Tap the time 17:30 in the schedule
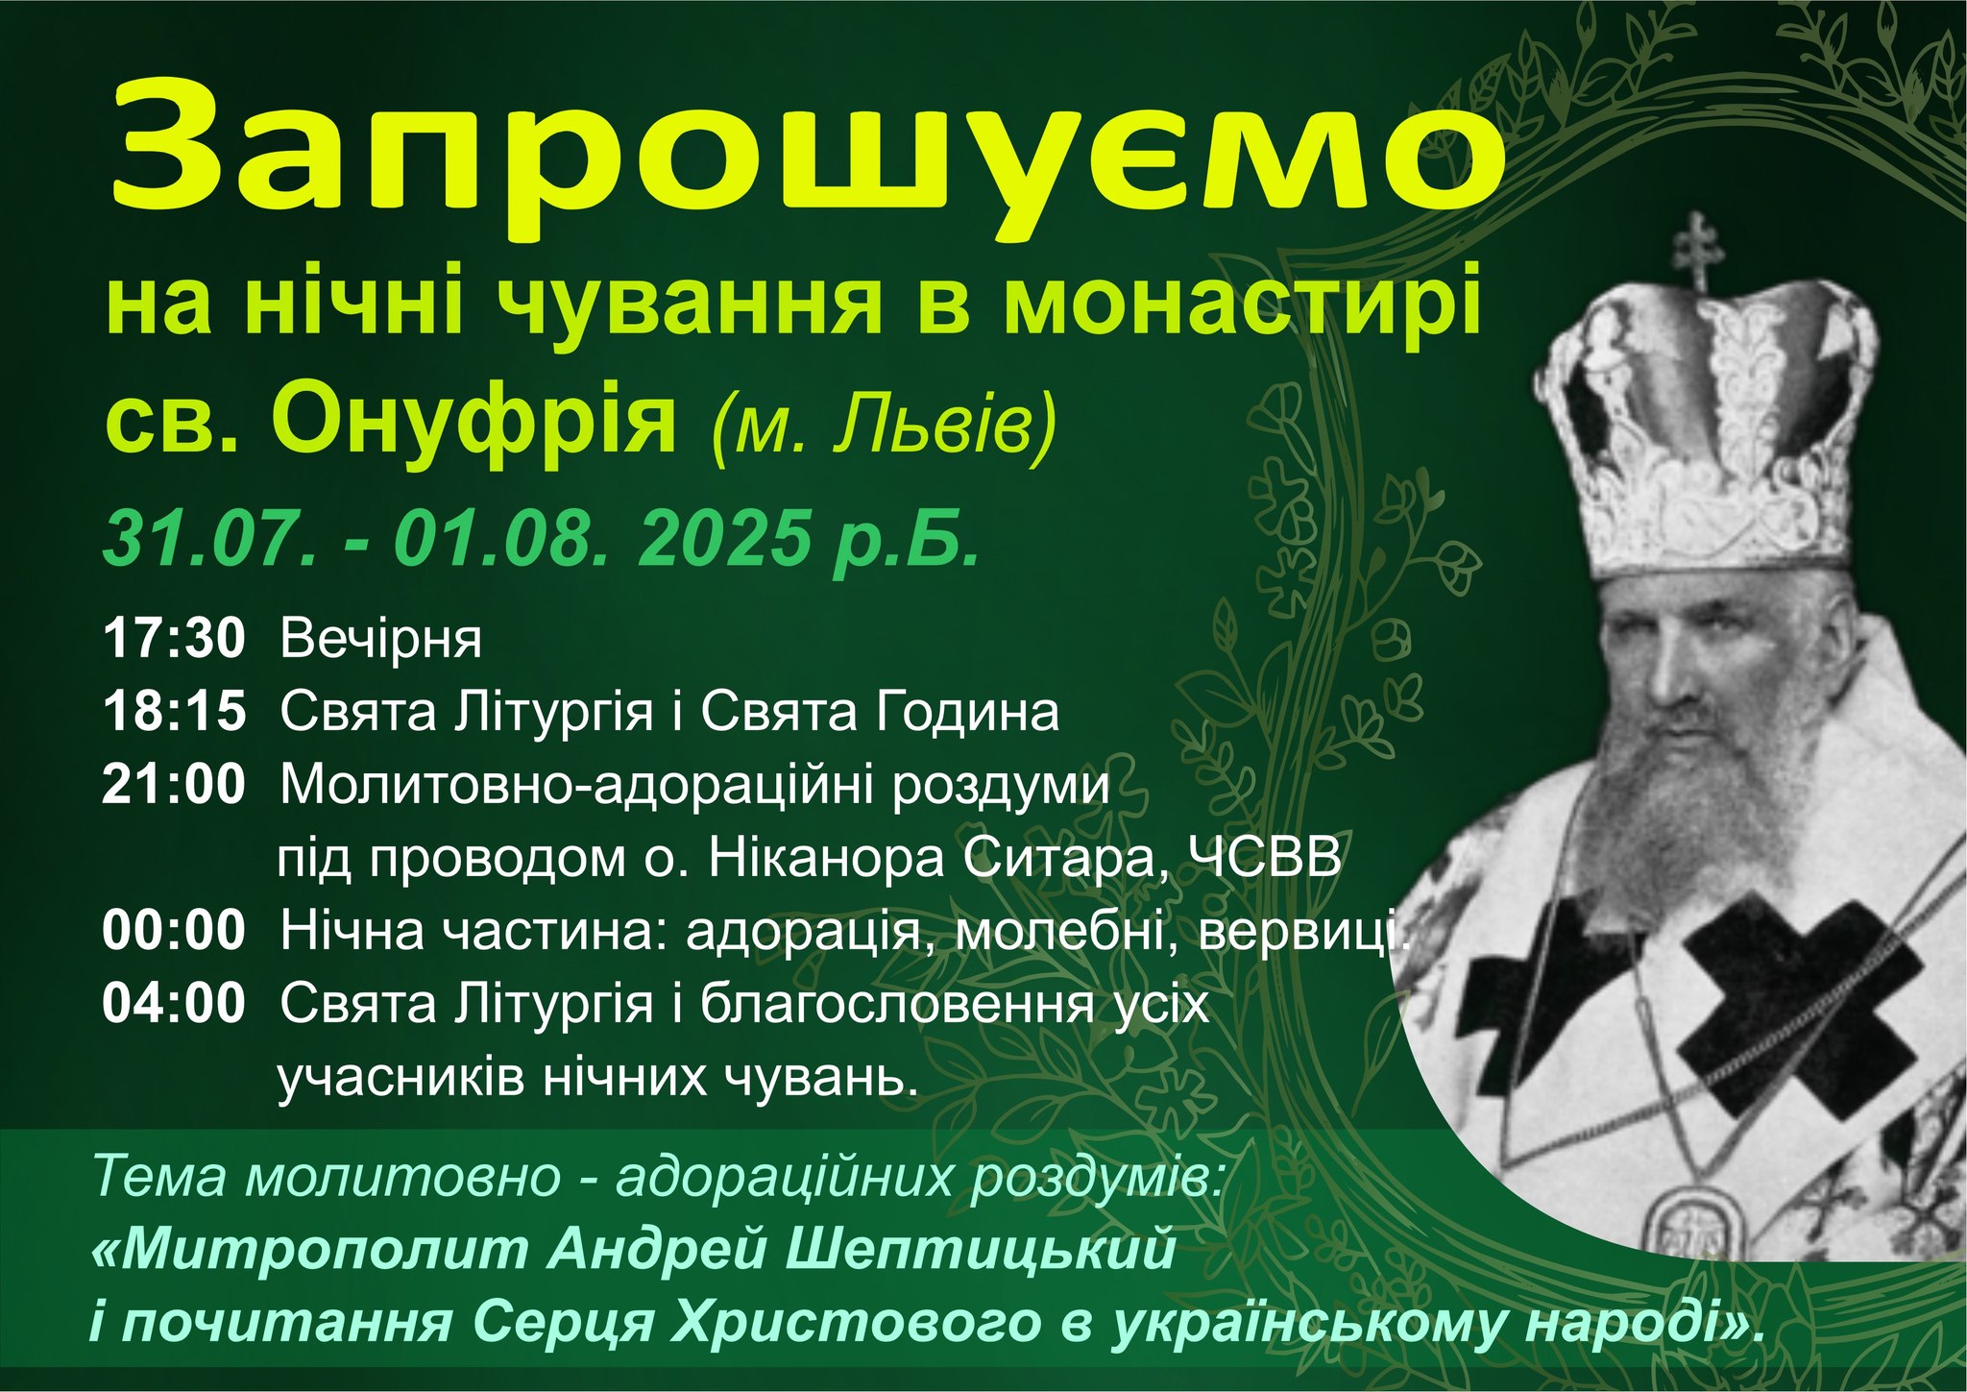click(174, 639)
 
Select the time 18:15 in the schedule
click(174, 712)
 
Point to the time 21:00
click(174, 785)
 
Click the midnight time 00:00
click(174, 931)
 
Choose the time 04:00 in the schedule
click(174, 1004)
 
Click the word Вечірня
click(380, 641)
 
